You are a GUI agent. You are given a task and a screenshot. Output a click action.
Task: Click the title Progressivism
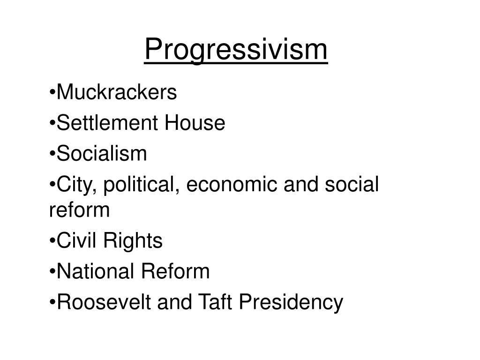pyautogui.click(x=236, y=49)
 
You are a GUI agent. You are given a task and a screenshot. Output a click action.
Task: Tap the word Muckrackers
pyautogui.click(x=116, y=93)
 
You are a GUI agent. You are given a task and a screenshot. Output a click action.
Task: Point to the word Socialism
pyautogui.click(x=102, y=154)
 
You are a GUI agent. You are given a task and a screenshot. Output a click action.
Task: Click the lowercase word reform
pyautogui.click(x=79, y=210)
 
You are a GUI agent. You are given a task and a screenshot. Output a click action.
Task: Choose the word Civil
pyautogui.click(x=76, y=241)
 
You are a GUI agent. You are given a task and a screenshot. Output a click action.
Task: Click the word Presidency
pyautogui.click(x=291, y=302)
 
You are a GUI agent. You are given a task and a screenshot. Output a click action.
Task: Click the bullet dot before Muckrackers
pyautogui.click(x=52, y=93)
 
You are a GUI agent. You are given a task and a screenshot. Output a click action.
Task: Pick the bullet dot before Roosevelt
pyautogui.click(x=52, y=303)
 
